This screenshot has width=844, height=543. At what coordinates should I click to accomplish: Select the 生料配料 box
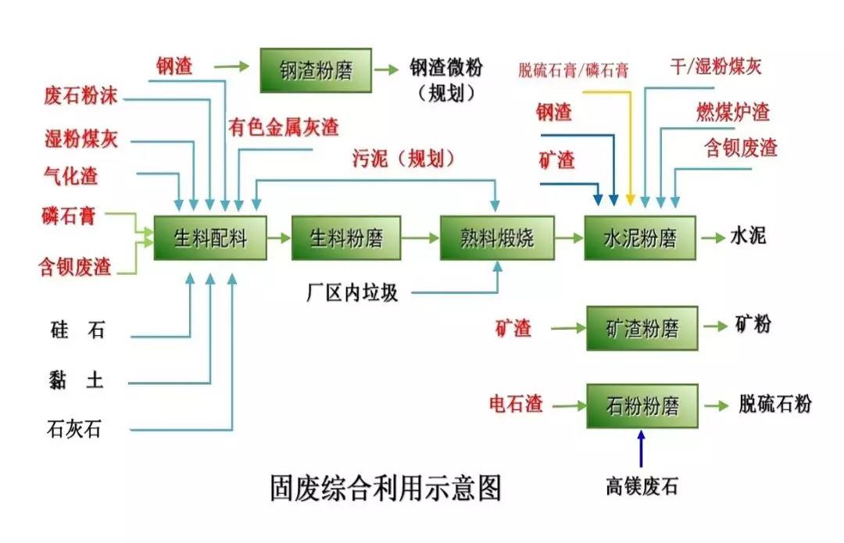click(x=210, y=238)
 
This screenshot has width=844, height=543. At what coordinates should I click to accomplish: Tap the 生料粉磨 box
click(x=346, y=238)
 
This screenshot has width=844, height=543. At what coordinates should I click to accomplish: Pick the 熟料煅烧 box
click(x=498, y=238)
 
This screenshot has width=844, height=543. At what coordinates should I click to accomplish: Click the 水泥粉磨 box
click(x=640, y=238)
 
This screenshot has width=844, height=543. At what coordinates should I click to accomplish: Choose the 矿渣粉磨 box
click(x=642, y=328)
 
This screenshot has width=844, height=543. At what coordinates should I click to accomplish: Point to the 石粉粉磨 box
click(x=642, y=405)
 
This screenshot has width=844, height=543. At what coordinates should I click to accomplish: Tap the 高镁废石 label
click(x=642, y=488)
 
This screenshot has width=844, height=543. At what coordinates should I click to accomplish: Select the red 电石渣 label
click(x=516, y=405)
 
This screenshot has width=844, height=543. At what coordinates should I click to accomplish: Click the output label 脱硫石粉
click(x=775, y=404)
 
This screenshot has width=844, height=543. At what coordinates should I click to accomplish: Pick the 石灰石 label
click(x=75, y=429)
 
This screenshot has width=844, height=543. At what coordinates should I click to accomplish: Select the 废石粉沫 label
click(x=80, y=98)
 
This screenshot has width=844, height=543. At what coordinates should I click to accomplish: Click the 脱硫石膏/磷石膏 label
click(x=573, y=70)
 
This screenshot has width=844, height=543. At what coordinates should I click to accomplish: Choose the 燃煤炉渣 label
click(x=733, y=112)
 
